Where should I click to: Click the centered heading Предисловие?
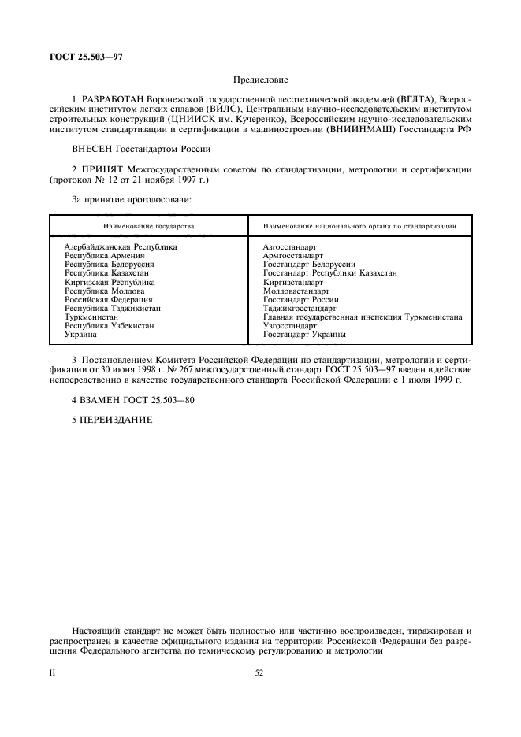click(260, 80)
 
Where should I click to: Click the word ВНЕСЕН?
click(94, 147)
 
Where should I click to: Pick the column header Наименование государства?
click(148, 225)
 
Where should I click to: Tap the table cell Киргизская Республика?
click(110, 282)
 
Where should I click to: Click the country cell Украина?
click(81, 335)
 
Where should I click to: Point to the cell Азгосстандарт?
click(290, 247)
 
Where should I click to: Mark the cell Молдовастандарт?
click(296, 291)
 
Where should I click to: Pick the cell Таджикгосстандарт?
click(300, 309)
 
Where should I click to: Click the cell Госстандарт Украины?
click(305, 335)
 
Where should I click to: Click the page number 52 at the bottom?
click(259, 674)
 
